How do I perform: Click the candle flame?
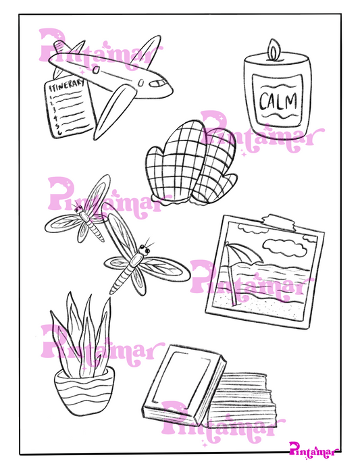(x=273, y=49)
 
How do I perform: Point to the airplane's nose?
(x=169, y=87)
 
